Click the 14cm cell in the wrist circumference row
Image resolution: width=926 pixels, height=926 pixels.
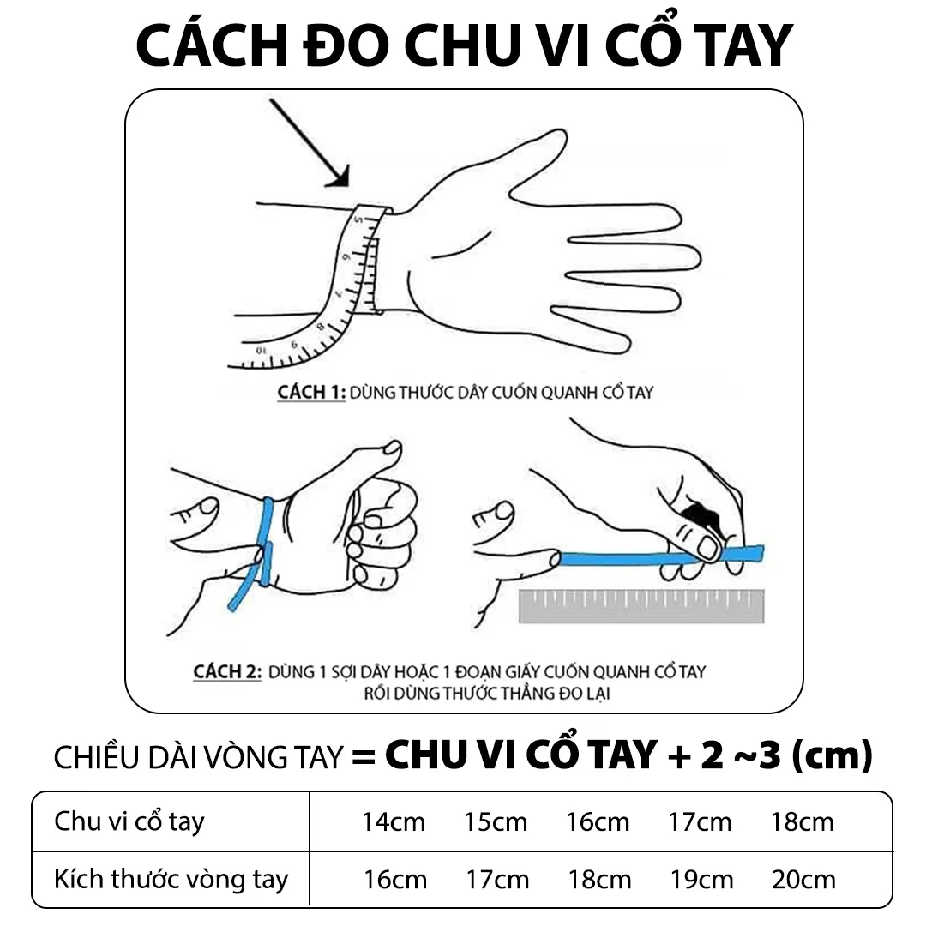(394, 821)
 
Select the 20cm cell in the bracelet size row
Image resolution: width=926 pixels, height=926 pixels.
(803, 879)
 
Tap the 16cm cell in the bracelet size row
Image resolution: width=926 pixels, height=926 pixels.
(395, 879)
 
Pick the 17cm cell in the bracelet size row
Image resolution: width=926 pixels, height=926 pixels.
(497, 879)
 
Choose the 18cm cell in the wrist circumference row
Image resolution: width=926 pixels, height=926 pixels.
(802, 821)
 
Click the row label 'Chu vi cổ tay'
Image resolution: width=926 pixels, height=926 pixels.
(129, 821)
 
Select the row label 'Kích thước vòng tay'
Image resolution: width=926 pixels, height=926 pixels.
(171, 880)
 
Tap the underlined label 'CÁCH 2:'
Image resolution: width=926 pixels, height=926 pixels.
(227, 671)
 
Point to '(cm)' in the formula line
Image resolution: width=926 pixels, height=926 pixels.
(830, 755)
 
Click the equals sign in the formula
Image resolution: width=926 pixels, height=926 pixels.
(364, 757)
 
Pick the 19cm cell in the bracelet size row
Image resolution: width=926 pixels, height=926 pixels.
(701, 879)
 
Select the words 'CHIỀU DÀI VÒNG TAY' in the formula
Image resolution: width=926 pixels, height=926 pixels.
(198, 758)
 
